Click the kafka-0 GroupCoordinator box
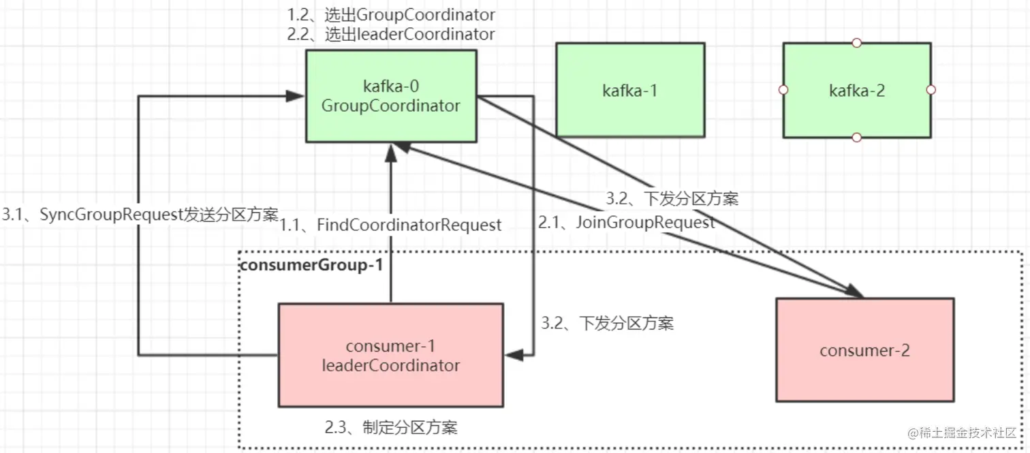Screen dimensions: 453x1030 pyautogui.click(x=390, y=96)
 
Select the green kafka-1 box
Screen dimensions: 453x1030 pyautogui.click(x=630, y=90)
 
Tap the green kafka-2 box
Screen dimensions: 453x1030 pyautogui.click(x=857, y=90)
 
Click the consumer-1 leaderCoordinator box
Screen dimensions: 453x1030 pyautogui.click(x=390, y=355)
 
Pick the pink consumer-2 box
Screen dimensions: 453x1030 pyautogui.click(x=864, y=350)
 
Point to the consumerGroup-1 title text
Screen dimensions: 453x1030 pyautogui.click(x=311, y=265)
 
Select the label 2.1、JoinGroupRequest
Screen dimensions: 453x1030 pyautogui.click(x=627, y=222)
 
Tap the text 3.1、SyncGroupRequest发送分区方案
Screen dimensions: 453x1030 pyautogui.click(x=140, y=215)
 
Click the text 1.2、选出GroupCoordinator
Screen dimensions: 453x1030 pyautogui.click(x=391, y=14)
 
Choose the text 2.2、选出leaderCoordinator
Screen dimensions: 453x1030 pyautogui.click(x=391, y=34)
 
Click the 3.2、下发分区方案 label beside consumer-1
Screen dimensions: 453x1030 pyautogui.click(x=607, y=324)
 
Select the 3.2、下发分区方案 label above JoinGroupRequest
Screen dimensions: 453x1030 pyautogui.click(x=672, y=199)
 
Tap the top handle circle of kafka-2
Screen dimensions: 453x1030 pyautogui.click(x=857, y=43)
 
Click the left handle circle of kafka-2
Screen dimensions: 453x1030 pyautogui.click(x=783, y=90)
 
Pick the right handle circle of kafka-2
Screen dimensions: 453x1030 pyautogui.click(x=931, y=90)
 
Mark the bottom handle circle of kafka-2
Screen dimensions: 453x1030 pyautogui.click(x=857, y=138)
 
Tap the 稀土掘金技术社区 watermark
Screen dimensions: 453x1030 pyautogui.click(x=961, y=433)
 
